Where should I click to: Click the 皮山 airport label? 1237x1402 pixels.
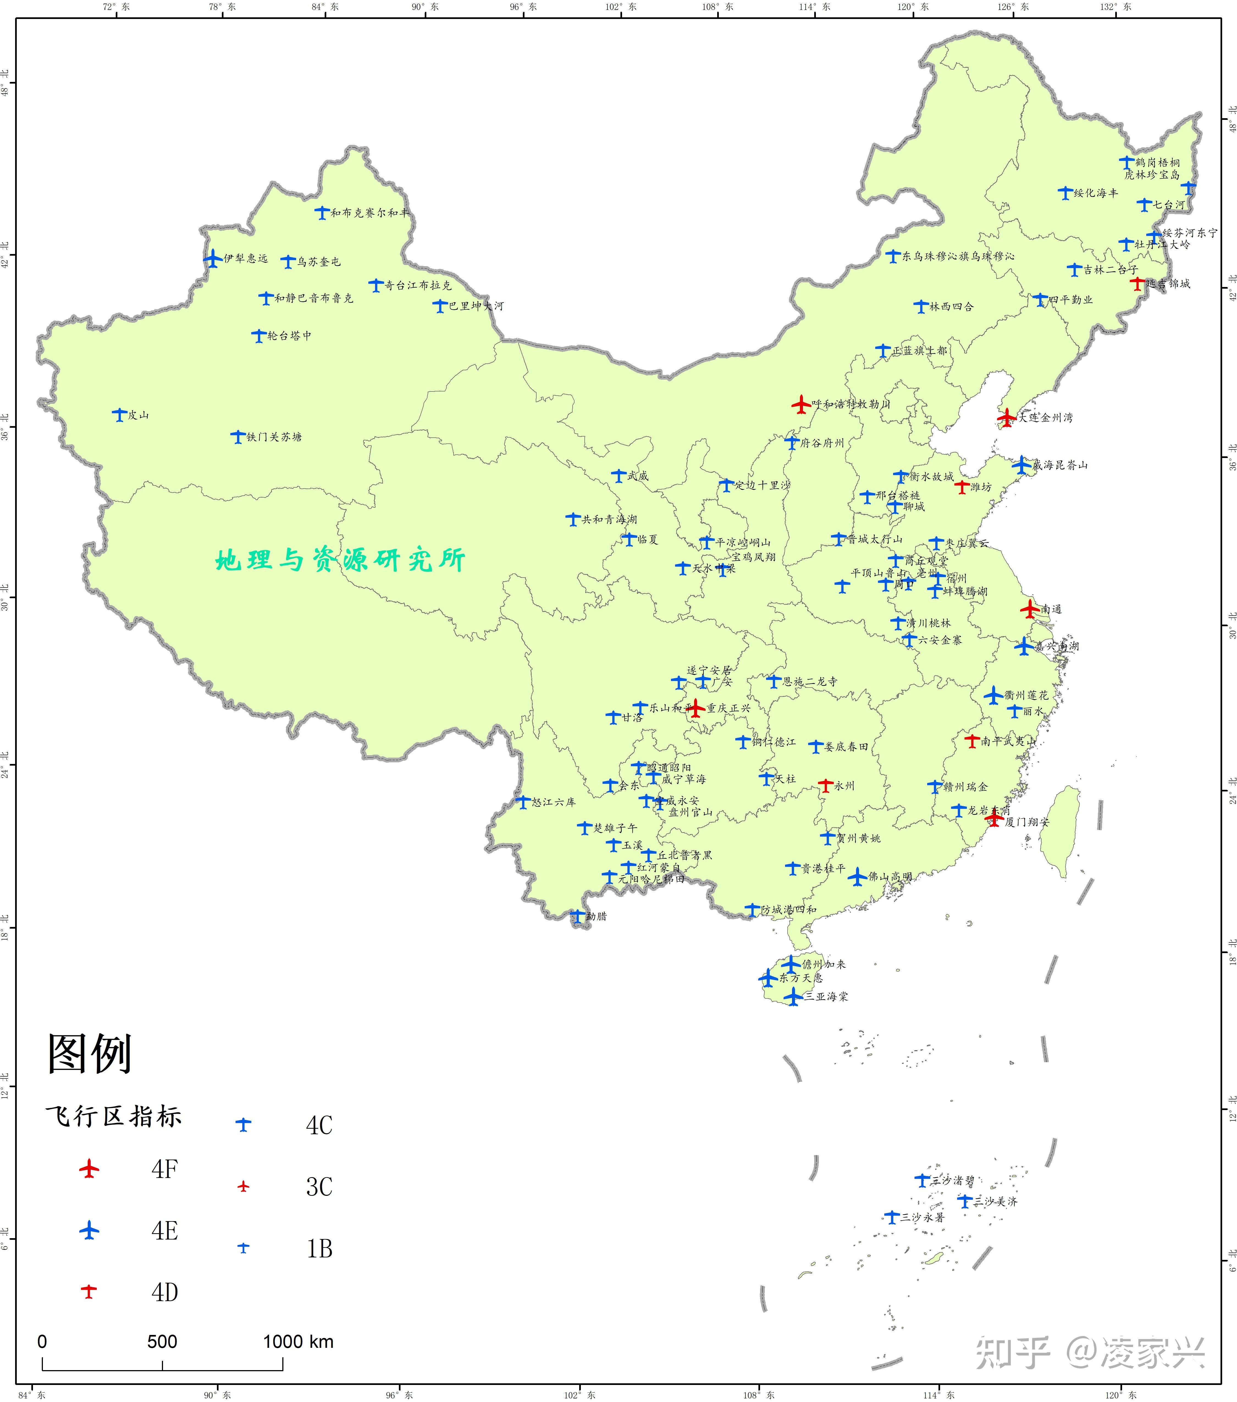tap(139, 415)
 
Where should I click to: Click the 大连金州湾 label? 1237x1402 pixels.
tap(1046, 417)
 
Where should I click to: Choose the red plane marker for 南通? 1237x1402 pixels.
tap(1029, 608)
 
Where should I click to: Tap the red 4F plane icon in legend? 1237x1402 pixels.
tap(89, 1168)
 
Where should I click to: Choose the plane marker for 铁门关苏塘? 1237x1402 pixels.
tap(237, 436)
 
